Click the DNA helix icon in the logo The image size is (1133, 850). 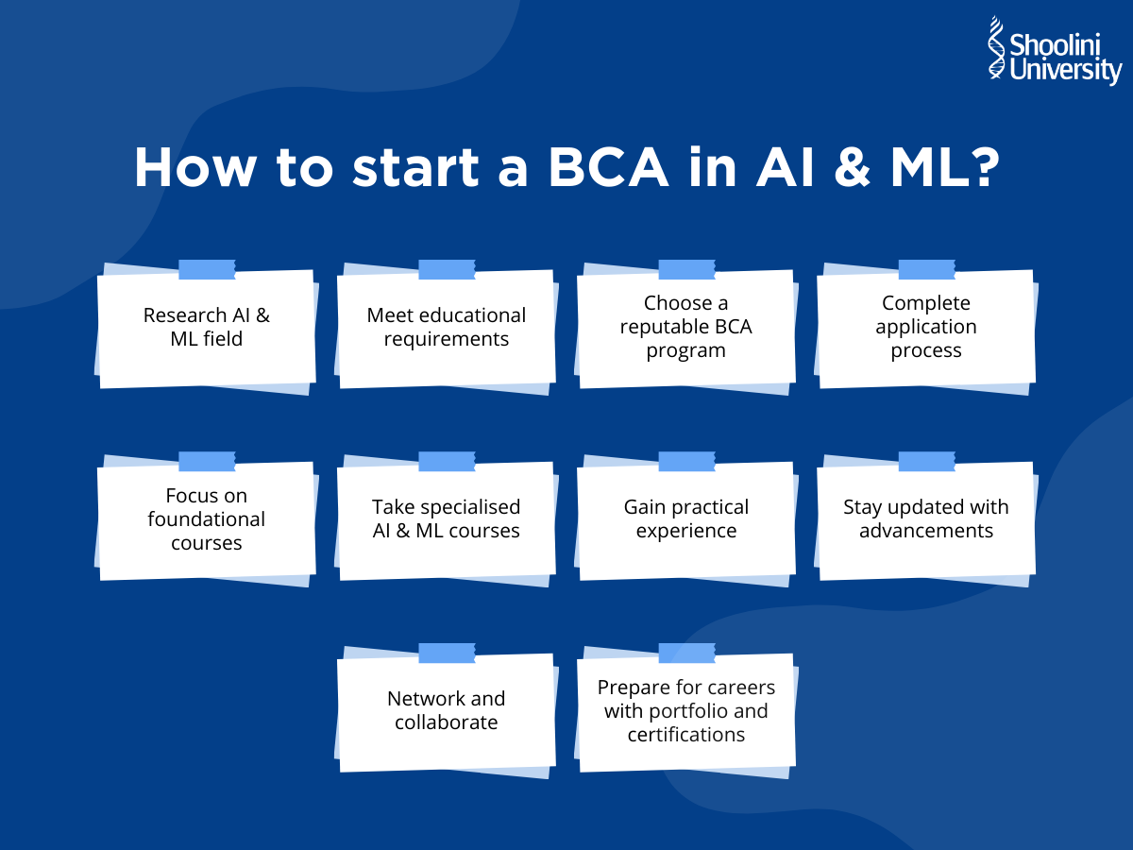click(997, 49)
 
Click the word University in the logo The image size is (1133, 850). click(1065, 71)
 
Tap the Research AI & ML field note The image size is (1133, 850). click(206, 328)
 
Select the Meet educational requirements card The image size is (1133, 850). click(447, 328)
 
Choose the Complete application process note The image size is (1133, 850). click(926, 328)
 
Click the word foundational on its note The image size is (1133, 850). click(206, 519)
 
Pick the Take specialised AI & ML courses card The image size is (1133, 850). click(447, 519)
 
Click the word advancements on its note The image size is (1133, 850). click(926, 531)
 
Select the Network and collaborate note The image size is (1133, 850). click(447, 710)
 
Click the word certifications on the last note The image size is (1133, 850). click(685, 735)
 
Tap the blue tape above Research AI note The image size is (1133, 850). click(207, 269)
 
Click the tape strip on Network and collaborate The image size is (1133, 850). click(447, 653)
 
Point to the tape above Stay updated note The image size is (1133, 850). click(926, 461)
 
